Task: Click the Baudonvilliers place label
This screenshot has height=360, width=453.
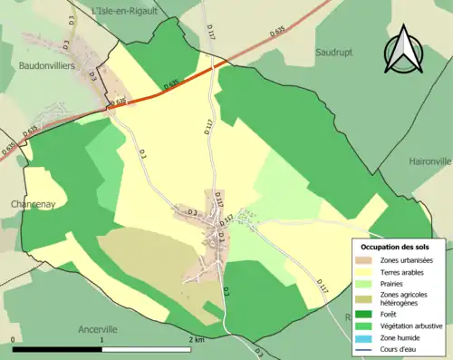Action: coord(44,66)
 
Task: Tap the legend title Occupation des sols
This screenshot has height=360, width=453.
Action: coord(395,247)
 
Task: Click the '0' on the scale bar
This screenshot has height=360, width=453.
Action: coord(14,339)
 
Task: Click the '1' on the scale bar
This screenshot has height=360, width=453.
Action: coord(102,339)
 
